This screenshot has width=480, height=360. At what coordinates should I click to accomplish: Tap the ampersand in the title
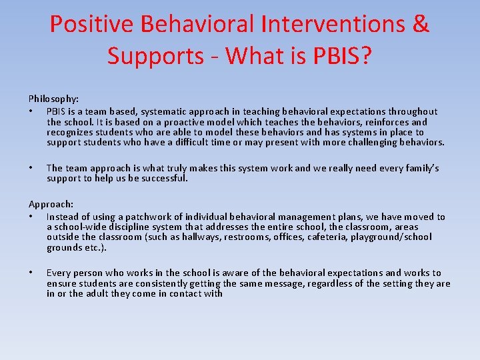click(421, 25)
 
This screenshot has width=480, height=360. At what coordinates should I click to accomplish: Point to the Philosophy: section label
click(53, 99)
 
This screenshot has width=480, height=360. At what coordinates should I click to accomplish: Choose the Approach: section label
click(51, 204)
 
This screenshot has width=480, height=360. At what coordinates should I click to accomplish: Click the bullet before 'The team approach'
click(31, 168)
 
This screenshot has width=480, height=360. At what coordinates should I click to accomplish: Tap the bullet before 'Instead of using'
click(31, 217)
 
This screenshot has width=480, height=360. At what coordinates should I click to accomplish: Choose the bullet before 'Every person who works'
click(31, 273)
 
